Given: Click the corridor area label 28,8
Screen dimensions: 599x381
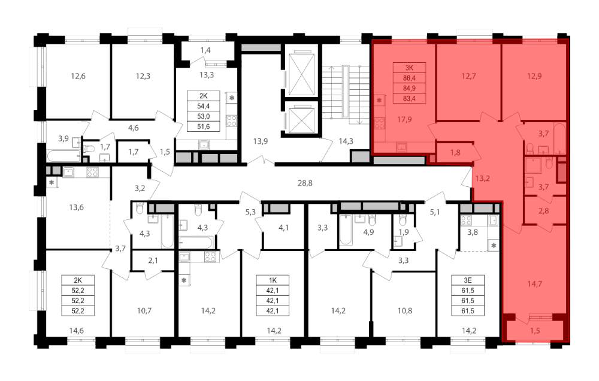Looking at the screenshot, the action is point(305,183).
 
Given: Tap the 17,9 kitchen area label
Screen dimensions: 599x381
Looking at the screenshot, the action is point(404,120).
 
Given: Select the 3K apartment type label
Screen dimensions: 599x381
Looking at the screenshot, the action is point(409,68).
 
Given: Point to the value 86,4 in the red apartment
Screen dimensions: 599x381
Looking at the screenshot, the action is point(409,78).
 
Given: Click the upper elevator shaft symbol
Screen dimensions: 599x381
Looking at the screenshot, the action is point(301,75).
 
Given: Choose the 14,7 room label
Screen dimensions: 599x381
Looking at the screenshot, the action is point(534,284).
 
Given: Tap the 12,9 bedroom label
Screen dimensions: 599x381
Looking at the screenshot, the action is point(534,76).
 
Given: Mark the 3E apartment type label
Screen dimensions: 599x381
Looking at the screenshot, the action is point(468,280).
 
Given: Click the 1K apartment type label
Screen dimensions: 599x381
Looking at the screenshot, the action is point(273,280).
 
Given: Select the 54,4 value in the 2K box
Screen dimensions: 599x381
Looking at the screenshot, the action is point(203,106).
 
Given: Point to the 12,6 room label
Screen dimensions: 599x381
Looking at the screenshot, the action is point(78,76).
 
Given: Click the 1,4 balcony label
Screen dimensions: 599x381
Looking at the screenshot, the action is point(205,50).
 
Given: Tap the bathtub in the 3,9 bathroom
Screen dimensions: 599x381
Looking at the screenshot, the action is point(64,156).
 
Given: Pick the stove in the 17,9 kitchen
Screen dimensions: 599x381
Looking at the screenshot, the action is point(379,123).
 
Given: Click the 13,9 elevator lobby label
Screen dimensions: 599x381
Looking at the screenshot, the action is point(260,141).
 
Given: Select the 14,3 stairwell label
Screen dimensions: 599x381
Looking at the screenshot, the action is point(346,141).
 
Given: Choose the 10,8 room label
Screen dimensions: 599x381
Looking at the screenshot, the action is point(404,311).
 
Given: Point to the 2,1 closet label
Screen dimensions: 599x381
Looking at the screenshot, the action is point(153,261).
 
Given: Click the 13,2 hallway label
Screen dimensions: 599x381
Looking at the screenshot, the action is point(482,178).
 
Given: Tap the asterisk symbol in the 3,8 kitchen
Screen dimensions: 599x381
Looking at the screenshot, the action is point(494,246).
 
